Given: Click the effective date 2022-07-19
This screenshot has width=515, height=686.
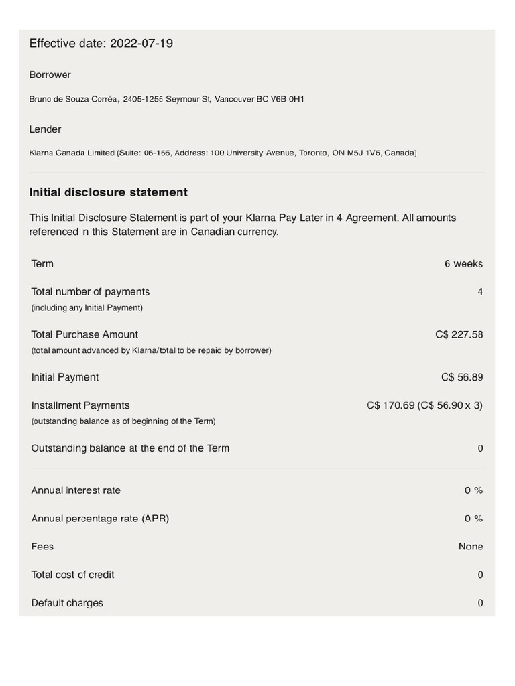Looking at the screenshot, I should [x=141, y=44].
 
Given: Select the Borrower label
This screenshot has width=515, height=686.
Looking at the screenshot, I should [x=50, y=74].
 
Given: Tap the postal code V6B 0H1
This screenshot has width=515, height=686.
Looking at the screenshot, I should [x=288, y=99].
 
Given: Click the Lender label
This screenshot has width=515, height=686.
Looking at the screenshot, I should [x=45, y=129].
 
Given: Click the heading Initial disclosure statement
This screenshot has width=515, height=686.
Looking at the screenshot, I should [x=108, y=192].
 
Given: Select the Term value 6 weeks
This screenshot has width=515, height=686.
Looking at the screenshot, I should [x=463, y=264].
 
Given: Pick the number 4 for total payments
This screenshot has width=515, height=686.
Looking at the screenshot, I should [x=480, y=292].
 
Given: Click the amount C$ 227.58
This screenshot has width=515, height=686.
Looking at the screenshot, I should [x=459, y=335].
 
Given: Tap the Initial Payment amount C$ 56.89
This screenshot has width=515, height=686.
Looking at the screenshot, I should [x=461, y=378].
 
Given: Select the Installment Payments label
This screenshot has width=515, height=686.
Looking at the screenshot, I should [x=80, y=405].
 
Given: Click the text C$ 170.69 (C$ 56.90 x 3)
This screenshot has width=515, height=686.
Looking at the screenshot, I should [x=424, y=406].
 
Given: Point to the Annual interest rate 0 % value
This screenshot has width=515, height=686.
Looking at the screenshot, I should [x=473, y=490].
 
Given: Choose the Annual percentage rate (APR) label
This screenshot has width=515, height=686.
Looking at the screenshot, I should [x=100, y=519].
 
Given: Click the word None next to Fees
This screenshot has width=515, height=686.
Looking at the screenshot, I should [x=471, y=547].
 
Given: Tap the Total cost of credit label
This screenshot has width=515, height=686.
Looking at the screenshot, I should [x=72, y=575].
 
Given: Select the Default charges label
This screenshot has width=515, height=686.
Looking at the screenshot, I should [x=67, y=603].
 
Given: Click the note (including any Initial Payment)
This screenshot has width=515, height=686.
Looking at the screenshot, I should [x=87, y=308].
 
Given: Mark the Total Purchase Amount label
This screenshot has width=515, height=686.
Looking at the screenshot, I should [x=84, y=334].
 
